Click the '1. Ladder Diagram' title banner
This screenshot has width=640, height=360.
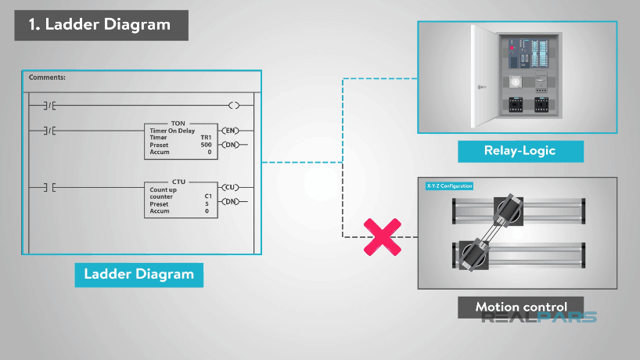pos(101,25)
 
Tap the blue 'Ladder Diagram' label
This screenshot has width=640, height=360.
pos(138,274)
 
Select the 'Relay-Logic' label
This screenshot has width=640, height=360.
pos(520,150)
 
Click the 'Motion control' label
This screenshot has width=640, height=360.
pos(520,306)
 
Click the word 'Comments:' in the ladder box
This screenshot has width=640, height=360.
pos(47,77)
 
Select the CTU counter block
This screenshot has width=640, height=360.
pos(180,199)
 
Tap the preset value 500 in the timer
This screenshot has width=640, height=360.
pos(206,145)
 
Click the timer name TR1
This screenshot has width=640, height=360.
pos(206,137)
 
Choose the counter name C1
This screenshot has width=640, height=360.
pos(208,196)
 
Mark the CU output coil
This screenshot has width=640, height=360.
pos(230,188)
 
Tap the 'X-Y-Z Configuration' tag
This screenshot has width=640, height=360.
pos(449,185)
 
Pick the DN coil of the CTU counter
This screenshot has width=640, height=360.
pos(230,202)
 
